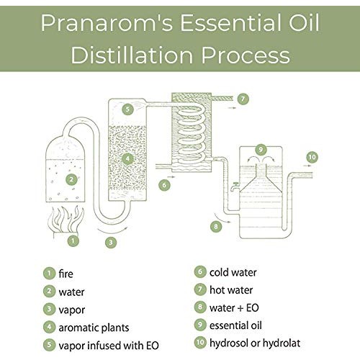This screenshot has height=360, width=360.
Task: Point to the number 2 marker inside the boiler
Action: point(71,179)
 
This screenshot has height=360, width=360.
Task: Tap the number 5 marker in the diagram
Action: point(127,110)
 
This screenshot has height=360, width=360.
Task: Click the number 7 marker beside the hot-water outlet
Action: point(244,98)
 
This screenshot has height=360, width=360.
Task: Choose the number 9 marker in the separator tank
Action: point(261,149)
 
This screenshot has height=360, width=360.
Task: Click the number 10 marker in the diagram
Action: point(312,156)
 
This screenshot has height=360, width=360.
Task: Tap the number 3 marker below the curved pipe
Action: point(110,242)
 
